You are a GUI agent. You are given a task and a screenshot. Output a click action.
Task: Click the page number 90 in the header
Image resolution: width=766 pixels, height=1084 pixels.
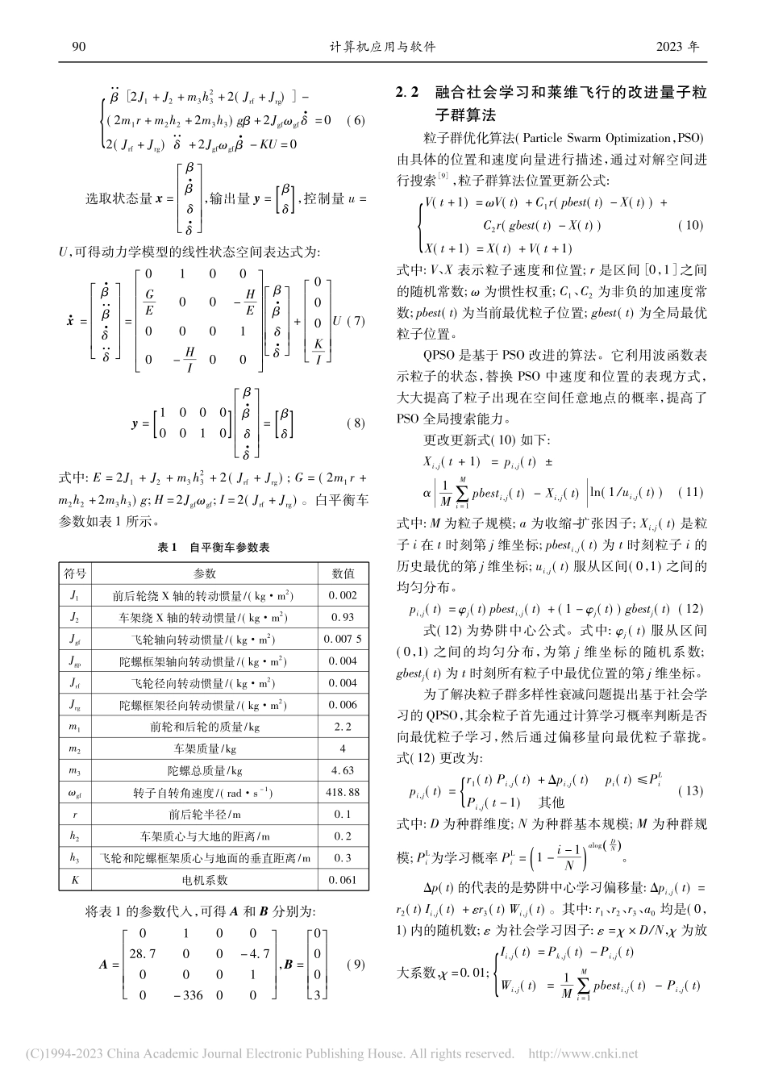point(78,46)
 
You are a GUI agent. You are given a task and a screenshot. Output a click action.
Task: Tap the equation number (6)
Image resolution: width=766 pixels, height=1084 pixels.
point(356,121)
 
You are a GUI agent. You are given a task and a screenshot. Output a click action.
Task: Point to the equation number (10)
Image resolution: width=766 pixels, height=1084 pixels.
point(689,226)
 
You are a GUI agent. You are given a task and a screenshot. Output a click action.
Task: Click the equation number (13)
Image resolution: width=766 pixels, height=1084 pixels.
point(691,790)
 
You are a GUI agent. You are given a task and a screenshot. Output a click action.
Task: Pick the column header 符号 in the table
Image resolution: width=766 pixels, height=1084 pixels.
point(75,574)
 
